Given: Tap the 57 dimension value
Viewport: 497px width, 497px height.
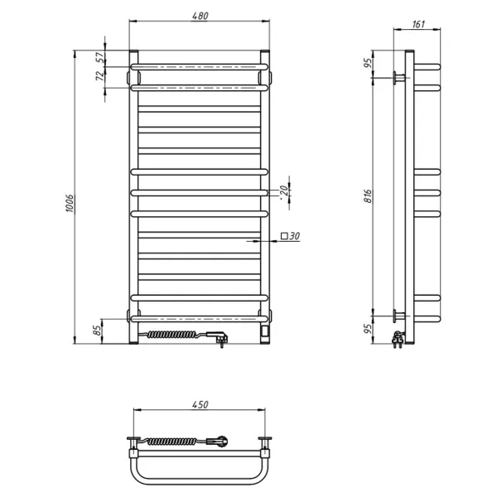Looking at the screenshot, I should (x=100, y=57).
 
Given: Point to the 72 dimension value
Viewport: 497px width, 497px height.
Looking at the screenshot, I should (x=100, y=76).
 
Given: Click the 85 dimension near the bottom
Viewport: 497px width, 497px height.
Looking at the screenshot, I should (x=98, y=331).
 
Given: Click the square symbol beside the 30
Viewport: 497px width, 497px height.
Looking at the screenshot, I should (x=284, y=236).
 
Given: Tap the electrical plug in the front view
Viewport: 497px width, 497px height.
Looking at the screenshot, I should (x=220, y=338).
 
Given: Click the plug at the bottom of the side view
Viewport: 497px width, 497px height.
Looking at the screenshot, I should (x=399, y=340).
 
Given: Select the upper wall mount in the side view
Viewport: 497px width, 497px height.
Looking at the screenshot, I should (x=400, y=78).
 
